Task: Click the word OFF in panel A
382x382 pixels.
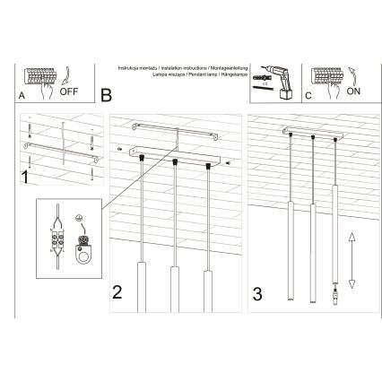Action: (x=69, y=92)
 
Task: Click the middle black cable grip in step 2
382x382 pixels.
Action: (x=174, y=164)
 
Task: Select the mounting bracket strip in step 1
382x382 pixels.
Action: (x=59, y=146)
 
